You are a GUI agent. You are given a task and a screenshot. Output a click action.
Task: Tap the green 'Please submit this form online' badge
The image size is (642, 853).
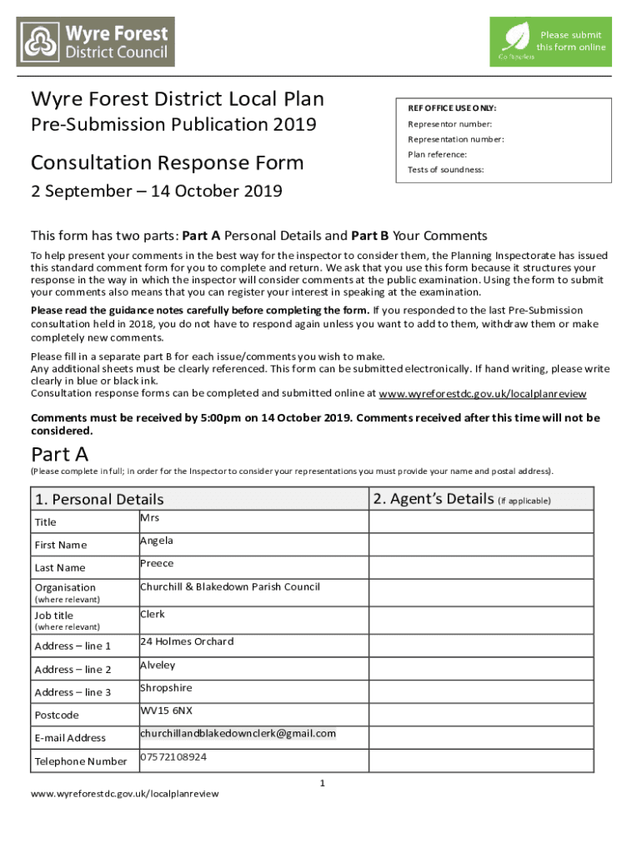549,42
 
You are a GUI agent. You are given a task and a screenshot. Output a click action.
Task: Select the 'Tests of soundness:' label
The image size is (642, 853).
445,170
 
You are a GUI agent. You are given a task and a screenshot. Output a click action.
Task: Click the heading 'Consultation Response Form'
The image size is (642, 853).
168,162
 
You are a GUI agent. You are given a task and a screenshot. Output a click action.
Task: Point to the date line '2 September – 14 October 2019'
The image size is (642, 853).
157,191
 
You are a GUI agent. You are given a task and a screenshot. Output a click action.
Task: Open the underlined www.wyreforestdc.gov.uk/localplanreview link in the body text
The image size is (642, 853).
482,394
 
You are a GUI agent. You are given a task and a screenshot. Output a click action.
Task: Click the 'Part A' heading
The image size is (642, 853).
60,454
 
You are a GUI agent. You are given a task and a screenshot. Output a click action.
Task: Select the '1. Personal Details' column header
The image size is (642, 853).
99,500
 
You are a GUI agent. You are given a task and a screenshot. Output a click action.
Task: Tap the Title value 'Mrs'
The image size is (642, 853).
149,518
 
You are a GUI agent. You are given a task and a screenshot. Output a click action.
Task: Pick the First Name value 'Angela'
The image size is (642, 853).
157,541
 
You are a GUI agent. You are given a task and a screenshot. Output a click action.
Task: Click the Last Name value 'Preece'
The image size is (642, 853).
157,564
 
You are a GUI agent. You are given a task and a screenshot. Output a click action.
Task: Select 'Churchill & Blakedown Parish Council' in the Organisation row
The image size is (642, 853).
229,586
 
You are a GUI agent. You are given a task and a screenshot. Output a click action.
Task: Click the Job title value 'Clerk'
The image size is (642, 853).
153,614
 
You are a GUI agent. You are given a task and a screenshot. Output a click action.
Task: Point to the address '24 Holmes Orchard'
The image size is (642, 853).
187,641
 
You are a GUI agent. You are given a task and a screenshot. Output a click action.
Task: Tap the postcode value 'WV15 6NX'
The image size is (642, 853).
166,711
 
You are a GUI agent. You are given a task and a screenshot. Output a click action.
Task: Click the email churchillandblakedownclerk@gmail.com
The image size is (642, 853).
238,733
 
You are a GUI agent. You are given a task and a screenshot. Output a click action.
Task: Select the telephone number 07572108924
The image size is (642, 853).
173,757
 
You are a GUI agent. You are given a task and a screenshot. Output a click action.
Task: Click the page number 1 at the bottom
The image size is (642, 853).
322,783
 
